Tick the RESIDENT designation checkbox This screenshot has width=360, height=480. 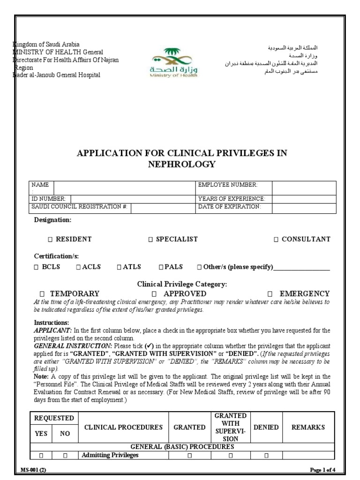50,240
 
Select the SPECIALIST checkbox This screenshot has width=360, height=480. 150,240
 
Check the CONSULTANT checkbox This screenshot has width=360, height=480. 276,240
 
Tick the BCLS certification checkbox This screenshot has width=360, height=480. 36,267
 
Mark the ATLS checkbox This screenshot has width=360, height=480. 119,267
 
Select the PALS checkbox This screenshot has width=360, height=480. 161,267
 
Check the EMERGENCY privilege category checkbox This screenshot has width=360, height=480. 270,294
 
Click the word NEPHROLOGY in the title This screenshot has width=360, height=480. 182,164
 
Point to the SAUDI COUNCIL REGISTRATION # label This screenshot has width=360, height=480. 79,207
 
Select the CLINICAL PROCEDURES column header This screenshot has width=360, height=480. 123,427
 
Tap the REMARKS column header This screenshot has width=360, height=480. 308,427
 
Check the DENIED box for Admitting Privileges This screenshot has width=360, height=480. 266,455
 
